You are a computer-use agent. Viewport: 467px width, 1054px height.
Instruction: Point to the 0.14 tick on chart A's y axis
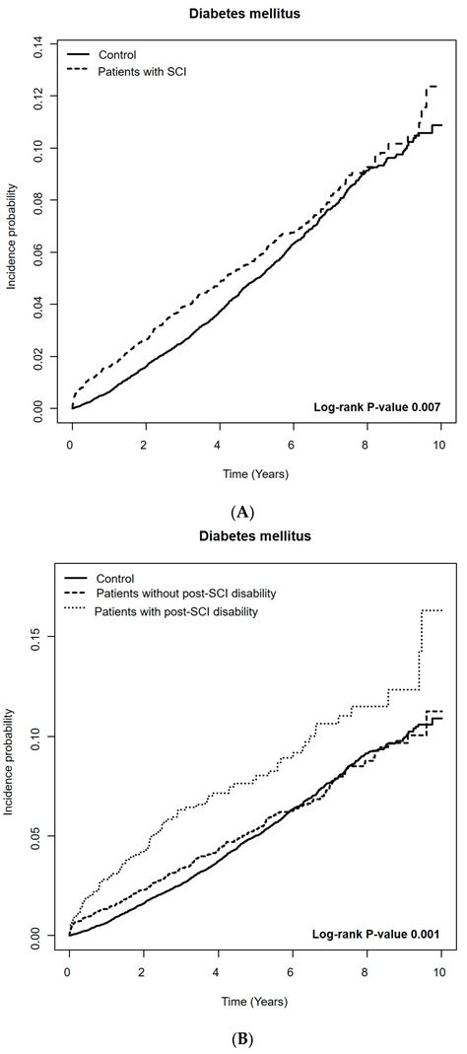39,42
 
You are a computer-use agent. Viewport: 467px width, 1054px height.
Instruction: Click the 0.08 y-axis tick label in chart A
39,199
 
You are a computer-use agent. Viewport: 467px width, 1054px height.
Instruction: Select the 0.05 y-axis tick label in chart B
39,835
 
